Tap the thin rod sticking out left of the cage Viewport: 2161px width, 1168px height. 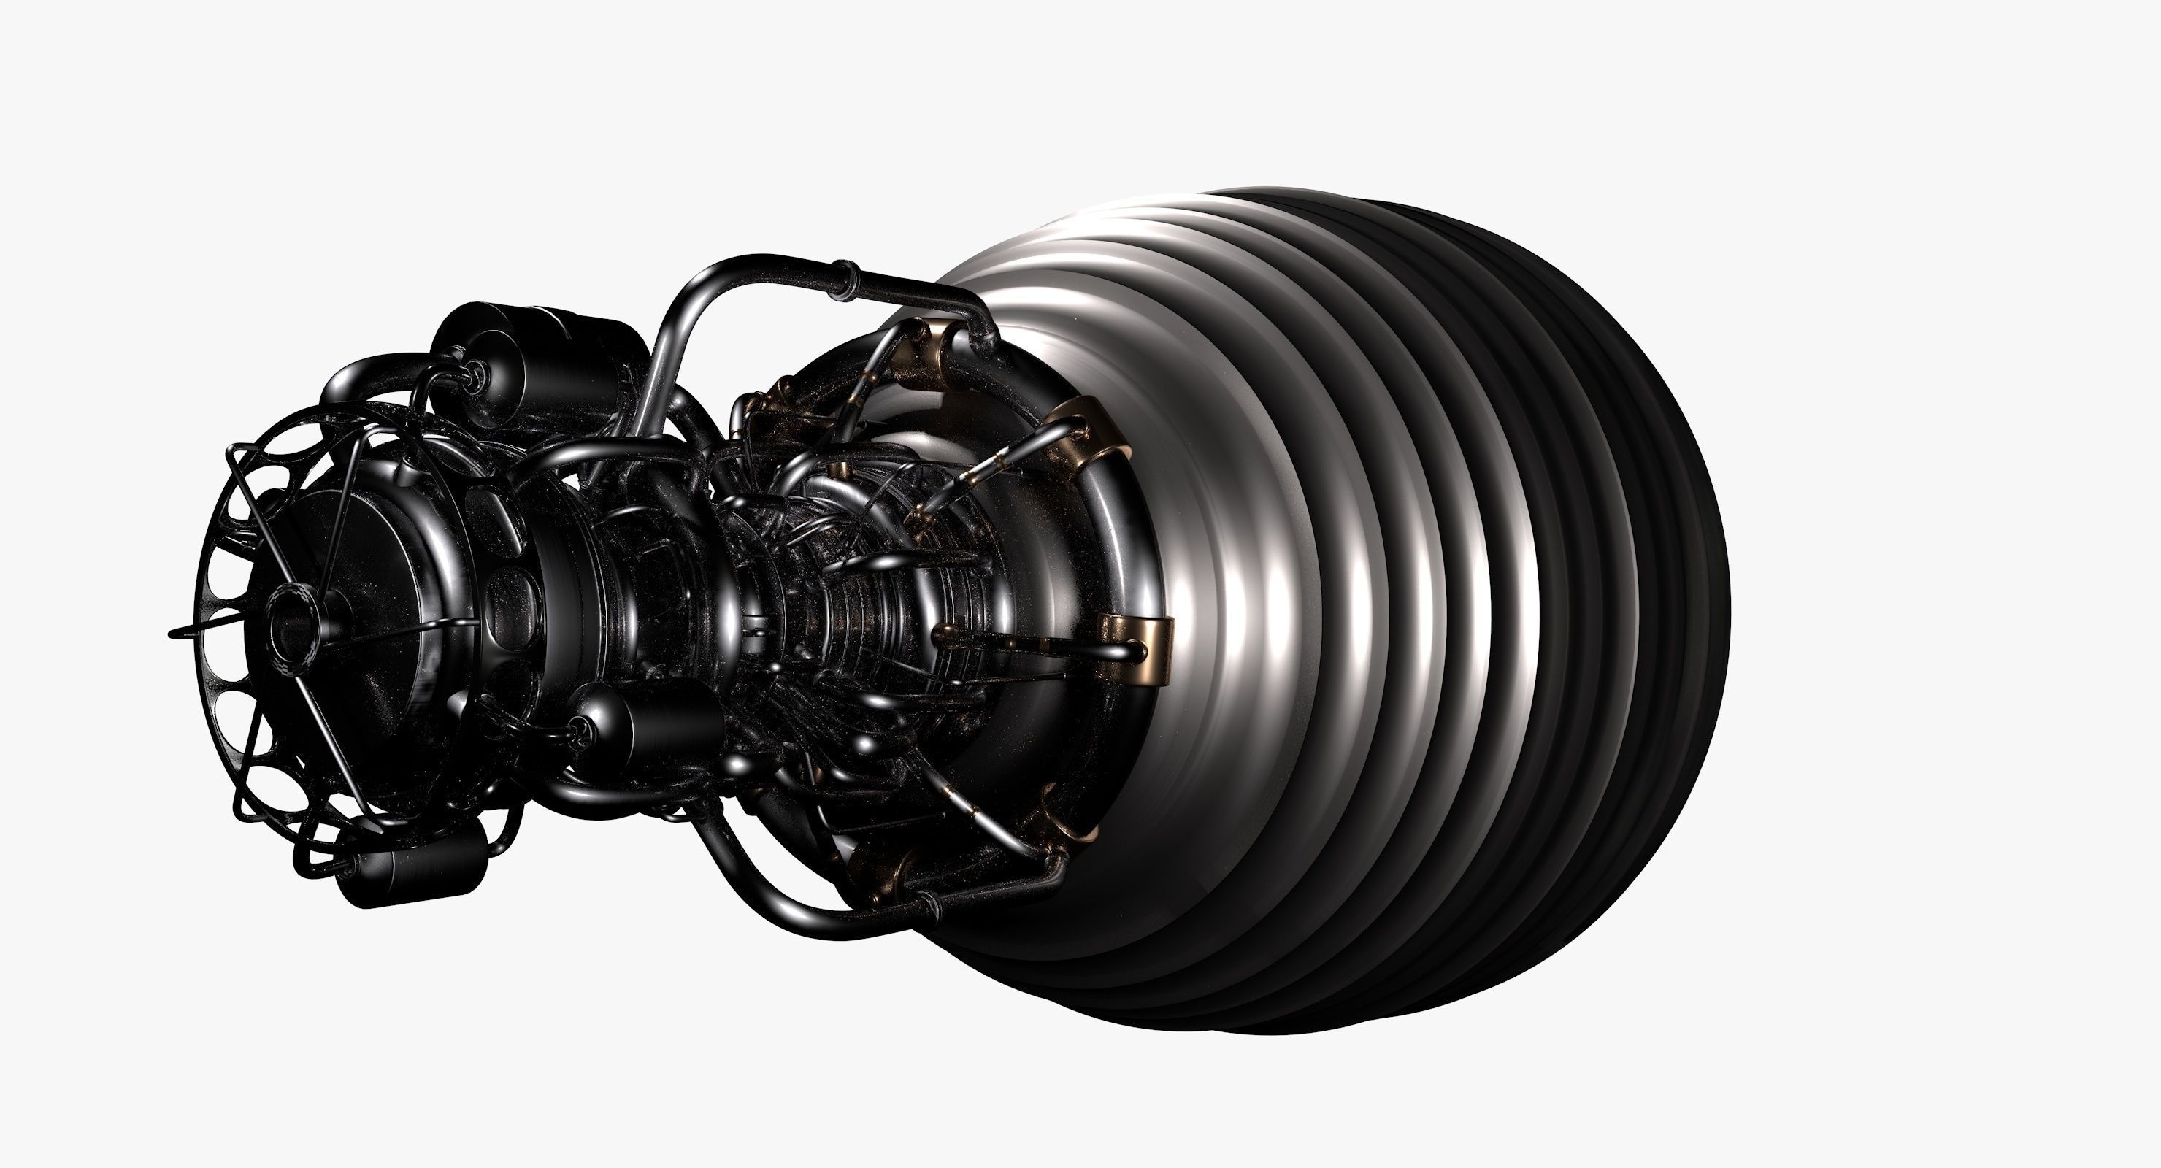pyautogui.click(x=181, y=631)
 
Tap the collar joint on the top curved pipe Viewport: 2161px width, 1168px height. pyautogui.click(x=843, y=281)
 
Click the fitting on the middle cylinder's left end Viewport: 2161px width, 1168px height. pyautogui.click(x=579, y=731)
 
